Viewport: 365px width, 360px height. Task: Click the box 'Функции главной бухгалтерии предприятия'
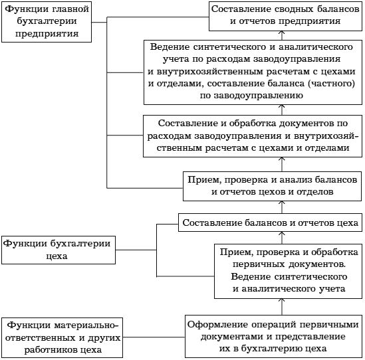point(47,22)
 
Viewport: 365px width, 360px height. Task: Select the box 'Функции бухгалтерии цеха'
point(59,250)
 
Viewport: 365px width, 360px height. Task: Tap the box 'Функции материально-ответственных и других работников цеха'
point(62,337)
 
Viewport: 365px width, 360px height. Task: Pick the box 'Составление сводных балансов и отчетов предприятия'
point(285,16)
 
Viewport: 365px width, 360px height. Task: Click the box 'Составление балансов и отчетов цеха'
point(270,223)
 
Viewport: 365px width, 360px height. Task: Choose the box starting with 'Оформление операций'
point(273,336)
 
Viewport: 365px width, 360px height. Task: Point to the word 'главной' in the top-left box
point(70,9)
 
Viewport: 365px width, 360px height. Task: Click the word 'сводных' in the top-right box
point(294,9)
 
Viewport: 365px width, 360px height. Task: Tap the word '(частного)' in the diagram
point(332,83)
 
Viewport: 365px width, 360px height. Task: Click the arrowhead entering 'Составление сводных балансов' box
point(282,33)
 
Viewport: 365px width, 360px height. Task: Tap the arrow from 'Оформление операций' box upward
point(282,307)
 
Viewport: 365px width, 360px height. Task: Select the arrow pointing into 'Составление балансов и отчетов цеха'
point(282,238)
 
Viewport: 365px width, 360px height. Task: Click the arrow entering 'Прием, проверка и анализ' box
point(282,207)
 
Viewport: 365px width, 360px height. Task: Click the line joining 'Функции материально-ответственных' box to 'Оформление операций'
point(154,337)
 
